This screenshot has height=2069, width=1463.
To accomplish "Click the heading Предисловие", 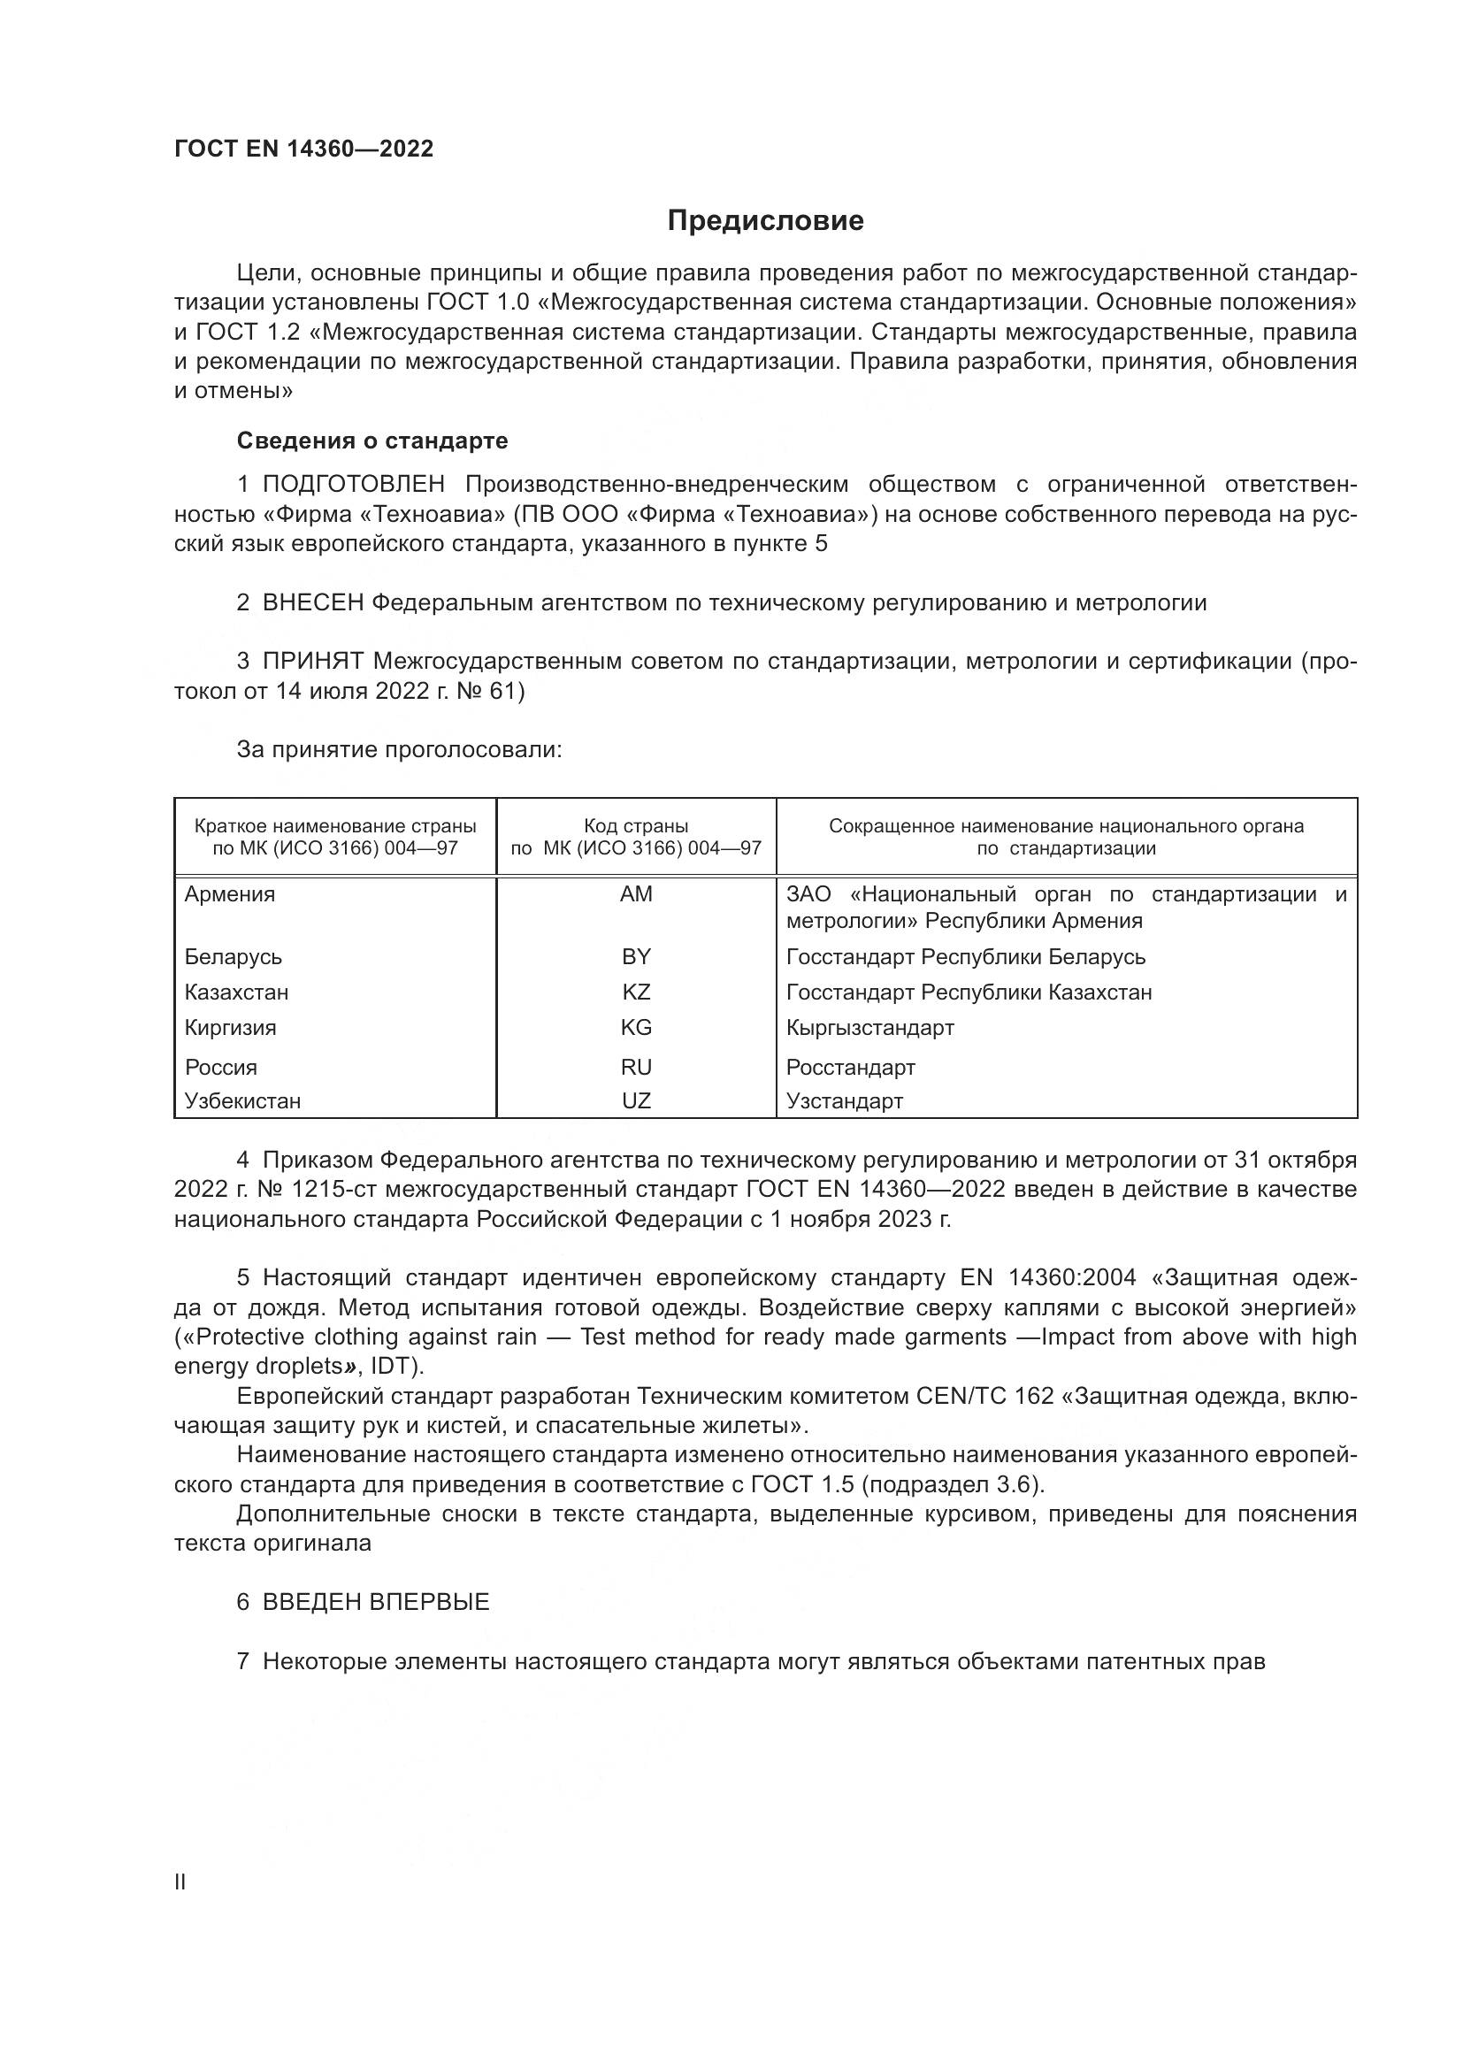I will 765,221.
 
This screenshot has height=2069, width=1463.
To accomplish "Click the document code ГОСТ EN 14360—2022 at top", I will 303,149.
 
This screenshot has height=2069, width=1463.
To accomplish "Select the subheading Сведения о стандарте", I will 372,441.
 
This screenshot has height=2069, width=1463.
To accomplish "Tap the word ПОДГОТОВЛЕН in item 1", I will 353,485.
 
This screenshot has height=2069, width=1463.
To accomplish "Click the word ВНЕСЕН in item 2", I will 311,603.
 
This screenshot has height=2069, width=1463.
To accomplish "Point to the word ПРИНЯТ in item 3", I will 312,662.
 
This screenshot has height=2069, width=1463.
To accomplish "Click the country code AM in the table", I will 636,895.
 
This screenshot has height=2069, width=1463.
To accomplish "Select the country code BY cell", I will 636,957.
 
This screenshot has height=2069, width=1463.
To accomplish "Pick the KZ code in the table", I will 636,992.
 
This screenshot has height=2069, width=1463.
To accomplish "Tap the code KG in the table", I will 636,1028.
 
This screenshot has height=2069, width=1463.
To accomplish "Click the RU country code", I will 636,1068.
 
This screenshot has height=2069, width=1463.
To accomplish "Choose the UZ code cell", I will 636,1101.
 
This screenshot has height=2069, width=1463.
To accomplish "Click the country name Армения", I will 230,895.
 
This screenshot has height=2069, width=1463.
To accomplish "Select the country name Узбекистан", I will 242,1101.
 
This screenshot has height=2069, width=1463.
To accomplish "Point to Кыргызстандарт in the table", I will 869,1028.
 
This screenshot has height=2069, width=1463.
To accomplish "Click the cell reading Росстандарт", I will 850,1068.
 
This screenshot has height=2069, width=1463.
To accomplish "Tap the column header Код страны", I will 636,826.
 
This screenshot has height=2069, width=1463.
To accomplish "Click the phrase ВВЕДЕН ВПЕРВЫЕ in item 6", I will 376,1602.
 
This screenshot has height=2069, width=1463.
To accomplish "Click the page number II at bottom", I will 180,1882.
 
